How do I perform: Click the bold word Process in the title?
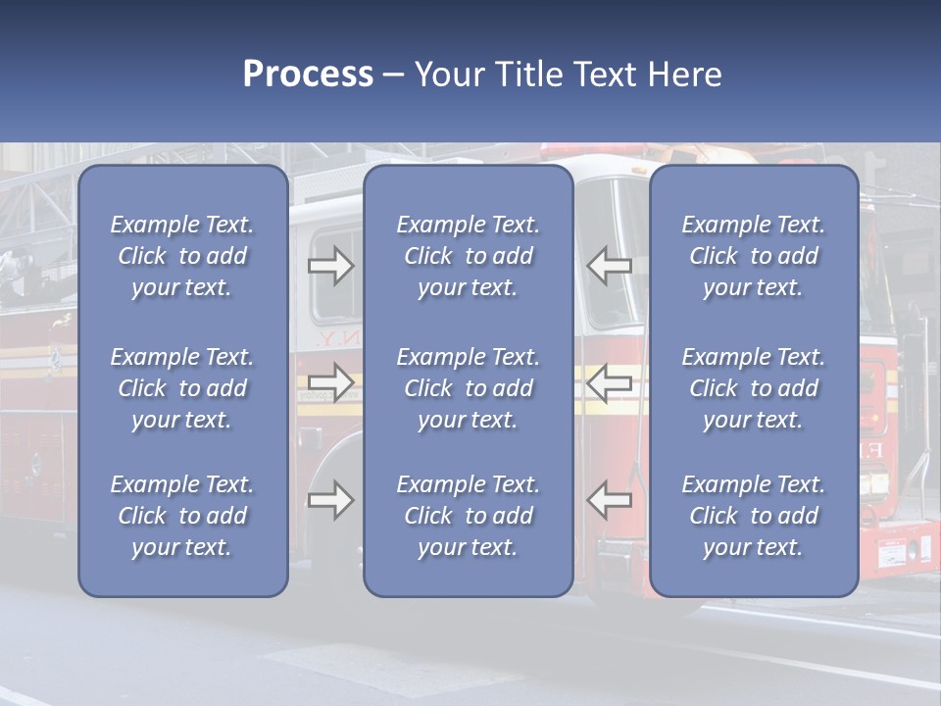coord(308,75)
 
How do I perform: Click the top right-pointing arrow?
coord(330,266)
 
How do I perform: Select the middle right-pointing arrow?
coord(330,382)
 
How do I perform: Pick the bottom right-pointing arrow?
coord(330,500)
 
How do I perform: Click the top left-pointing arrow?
coord(609,266)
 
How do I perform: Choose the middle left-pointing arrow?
coord(609,382)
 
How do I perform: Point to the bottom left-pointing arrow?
coord(609,500)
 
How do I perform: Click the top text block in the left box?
coord(182,256)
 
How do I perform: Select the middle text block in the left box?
coord(182,388)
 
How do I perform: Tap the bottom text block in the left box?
coord(182,516)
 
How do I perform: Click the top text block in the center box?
coord(468,256)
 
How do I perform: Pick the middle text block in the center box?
coord(468,388)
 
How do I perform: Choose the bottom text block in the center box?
coord(468,516)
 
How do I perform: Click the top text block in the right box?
coord(753,256)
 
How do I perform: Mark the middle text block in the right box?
coord(753,388)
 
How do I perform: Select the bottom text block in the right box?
coord(753,516)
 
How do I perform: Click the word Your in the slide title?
coord(450,75)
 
